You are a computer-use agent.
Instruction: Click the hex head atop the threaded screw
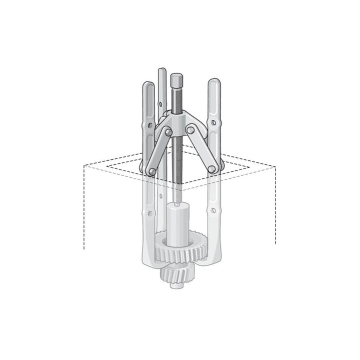point(176,79)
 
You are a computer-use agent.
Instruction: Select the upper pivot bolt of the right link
point(190,129)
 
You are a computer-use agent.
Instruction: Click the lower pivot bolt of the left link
point(151,171)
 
